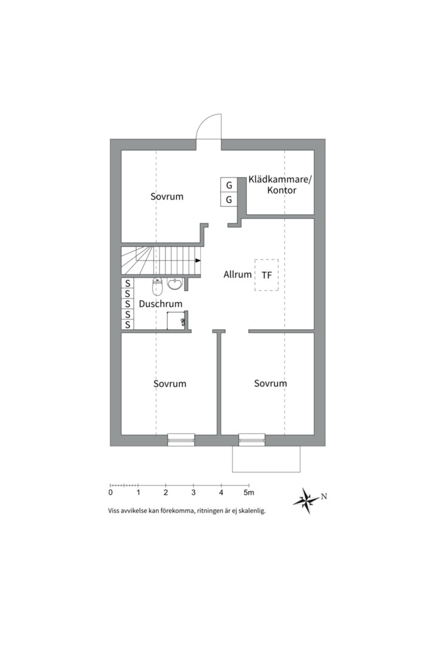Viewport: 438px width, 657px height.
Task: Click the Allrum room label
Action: [237, 274]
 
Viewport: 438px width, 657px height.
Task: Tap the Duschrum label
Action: [161, 304]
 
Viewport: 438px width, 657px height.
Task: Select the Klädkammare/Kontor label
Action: [280, 185]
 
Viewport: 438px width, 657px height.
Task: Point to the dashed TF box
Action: [266, 275]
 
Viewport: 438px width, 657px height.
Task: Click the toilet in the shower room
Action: [157, 286]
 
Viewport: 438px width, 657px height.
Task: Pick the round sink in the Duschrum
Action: [175, 283]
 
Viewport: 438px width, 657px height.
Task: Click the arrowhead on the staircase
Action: [198, 260]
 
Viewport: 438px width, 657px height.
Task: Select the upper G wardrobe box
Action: [229, 185]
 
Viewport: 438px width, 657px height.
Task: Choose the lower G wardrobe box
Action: [229, 200]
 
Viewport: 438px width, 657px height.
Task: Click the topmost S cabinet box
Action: [127, 283]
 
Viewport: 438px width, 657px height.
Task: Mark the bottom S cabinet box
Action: [127, 324]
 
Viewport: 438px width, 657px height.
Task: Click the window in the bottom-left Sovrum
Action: [181, 439]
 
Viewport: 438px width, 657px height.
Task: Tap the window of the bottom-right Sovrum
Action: [252, 439]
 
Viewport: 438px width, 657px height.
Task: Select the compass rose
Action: [307, 500]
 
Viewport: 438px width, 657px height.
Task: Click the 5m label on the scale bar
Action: [249, 493]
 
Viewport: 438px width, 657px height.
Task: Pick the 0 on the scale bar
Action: [110, 493]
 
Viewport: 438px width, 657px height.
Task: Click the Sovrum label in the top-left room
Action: [167, 196]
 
